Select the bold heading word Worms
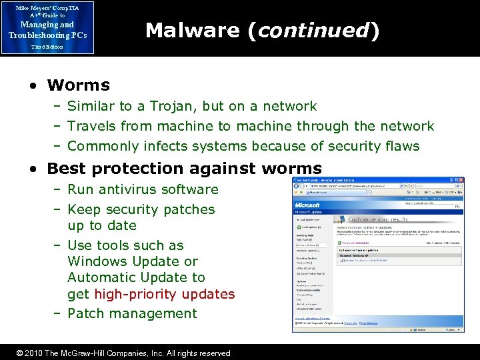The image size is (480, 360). pyautogui.click(x=79, y=85)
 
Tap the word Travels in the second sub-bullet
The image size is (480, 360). pyautogui.click(x=92, y=126)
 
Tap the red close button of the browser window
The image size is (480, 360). pyautogui.click(x=461, y=181)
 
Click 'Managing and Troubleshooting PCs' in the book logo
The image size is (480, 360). pyautogui.click(x=47, y=30)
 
